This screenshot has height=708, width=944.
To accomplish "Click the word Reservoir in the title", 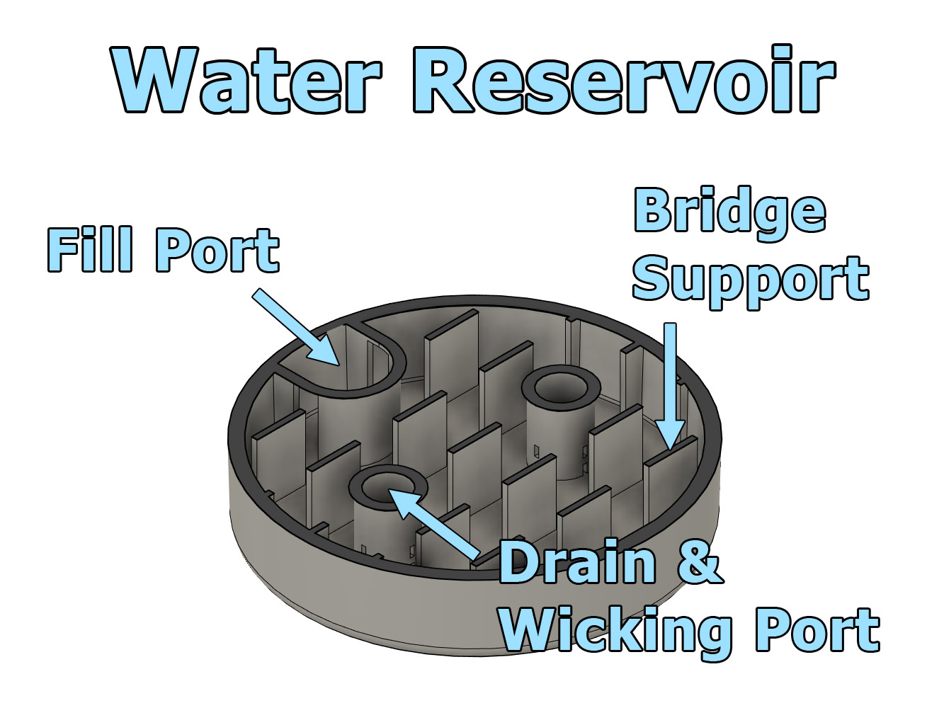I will tap(623, 79).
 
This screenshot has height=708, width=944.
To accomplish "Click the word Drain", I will tap(577, 563).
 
